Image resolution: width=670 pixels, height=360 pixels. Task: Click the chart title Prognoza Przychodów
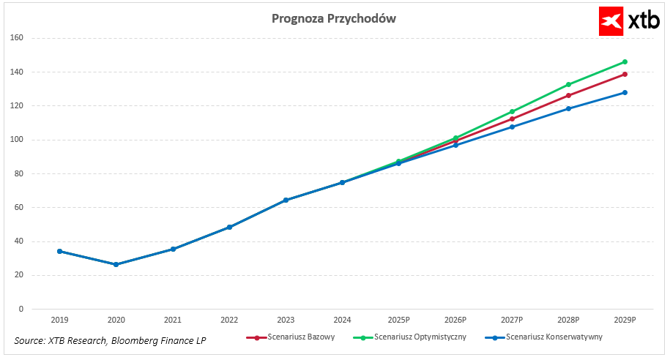(x=334, y=18)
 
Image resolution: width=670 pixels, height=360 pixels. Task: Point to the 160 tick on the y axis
(x=18, y=38)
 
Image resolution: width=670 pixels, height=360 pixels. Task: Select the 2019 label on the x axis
(x=59, y=320)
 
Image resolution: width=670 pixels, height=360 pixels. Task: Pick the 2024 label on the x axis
(x=342, y=320)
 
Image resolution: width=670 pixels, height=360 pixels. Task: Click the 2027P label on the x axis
(x=512, y=320)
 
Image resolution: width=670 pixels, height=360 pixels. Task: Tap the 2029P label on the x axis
(x=625, y=320)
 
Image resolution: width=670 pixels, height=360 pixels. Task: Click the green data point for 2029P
(x=625, y=62)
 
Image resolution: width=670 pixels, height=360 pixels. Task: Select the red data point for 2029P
(x=625, y=74)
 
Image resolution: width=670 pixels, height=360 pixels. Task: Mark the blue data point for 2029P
(x=625, y=92)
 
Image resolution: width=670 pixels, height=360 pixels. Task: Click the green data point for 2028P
(x=568, y=85)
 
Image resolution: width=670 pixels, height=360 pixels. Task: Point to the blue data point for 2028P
(x=568, y=108)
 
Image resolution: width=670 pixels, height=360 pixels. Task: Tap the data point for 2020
(x=116, y=264)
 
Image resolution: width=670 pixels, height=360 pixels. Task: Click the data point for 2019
(x=59, y=251)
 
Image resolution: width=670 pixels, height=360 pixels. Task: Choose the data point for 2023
(x=286, y=200)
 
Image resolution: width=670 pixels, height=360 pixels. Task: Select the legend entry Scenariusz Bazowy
(x=291, y=337)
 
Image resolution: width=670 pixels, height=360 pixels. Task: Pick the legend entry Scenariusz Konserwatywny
(x=545, y=337)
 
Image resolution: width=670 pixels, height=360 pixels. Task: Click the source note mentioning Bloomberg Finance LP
(x=110, y=341)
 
